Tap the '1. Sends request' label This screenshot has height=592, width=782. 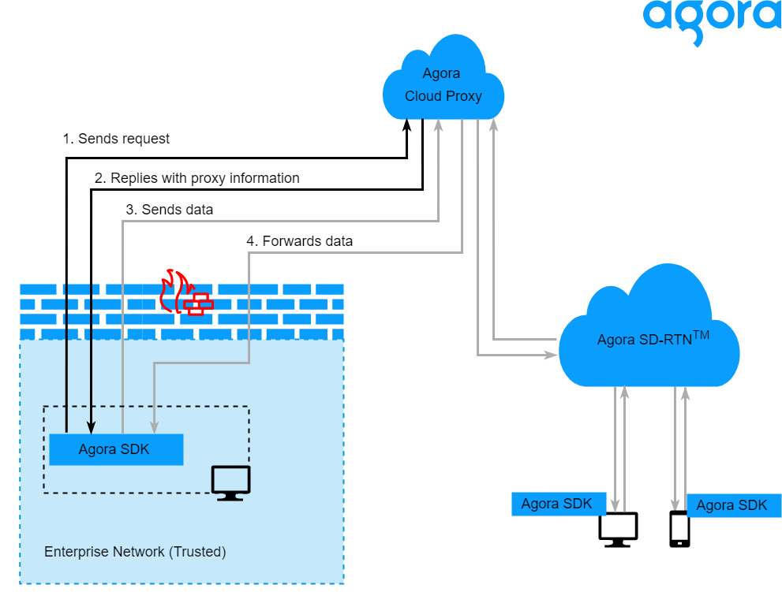pos(116,139)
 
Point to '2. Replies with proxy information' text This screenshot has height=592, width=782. pos(196,178)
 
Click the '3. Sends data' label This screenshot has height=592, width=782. pos(169,210)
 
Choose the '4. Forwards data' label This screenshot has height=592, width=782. pos(299,240)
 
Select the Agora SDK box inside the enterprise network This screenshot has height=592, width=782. pos(116,449)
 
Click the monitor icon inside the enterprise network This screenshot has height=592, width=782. pos(230,482)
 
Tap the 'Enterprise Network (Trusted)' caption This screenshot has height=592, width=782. pos(135,552)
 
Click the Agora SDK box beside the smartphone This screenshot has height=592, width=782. pos(733,505)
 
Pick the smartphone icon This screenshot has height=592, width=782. pos(679,529)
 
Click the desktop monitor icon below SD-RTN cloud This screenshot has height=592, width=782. pos(618,529)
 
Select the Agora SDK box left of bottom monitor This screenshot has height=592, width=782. pos(557,504)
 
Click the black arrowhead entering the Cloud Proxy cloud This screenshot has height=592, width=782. pos(408,125)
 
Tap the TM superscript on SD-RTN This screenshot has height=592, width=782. pos(701,335)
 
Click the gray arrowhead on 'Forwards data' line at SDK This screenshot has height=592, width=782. pos(153,427)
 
